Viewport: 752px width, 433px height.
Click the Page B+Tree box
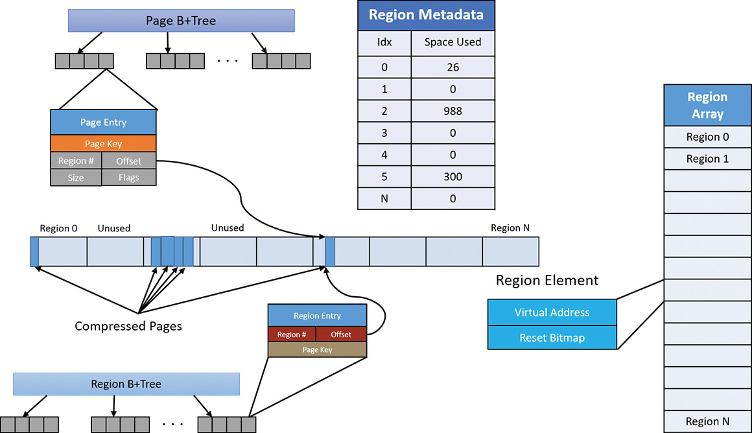tap(181, 21)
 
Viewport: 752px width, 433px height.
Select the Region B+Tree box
tap(126, 384)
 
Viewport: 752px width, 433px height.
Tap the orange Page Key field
tap(104, 144)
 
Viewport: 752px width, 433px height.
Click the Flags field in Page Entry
tap(129, 178)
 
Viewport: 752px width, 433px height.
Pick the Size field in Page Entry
tap(76, 178)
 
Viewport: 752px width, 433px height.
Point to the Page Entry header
tap(104, 123)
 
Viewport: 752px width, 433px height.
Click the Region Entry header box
tap(317, 316)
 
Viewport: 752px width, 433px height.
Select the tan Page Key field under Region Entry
tap(317, 349)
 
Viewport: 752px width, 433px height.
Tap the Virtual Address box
tap(552, 312)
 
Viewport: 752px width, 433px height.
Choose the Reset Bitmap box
tap(552, 338)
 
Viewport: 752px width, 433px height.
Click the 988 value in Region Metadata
tap(453, 111)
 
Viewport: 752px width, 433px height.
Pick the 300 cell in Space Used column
tap(453, 176)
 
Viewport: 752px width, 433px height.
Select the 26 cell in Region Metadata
tap(453, 67)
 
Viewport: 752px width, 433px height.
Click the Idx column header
tap(384, 41)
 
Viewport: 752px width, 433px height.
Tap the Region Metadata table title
tap(426, 15)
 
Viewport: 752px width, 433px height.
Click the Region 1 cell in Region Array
tap(707, 159)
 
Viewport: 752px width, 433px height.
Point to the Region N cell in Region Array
tap(707, 421)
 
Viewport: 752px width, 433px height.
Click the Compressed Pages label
tap(128, 326)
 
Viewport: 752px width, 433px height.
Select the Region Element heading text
tap(547, 280)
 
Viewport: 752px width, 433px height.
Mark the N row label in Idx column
tap(384, 198)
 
